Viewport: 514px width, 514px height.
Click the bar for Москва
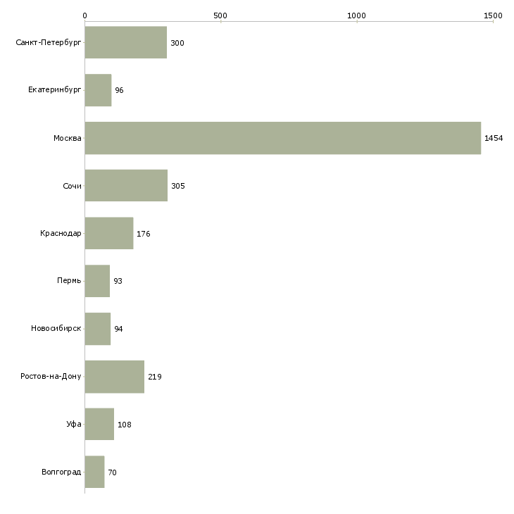click(282, 138)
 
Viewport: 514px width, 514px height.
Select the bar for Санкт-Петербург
click(125, 43)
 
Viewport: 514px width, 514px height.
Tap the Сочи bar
click(126, 186)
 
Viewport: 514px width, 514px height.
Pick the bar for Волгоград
click(94, 472)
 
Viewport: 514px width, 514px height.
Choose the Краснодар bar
click(108, 233)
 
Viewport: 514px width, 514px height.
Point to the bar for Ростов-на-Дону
click(114, 377)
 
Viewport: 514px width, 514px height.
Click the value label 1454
click(494, 138)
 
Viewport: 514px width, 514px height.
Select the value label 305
click(177, 186)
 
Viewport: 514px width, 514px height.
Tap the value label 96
click(119, 91)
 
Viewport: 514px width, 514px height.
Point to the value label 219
click(155, 377)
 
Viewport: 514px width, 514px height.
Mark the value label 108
click(125, 425)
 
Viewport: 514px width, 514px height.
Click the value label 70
click(112, 472)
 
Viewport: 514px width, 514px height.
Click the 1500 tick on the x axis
click(493, 15)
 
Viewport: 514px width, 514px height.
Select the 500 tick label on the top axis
click(220, 15)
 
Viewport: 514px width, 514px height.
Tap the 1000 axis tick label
click(357, 15)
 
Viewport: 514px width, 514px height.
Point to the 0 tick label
click(84, 15)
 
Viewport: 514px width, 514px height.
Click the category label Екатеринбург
click(55, 91)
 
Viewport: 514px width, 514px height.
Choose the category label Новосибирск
click(56, 329)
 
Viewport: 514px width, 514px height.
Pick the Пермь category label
click(69, 281)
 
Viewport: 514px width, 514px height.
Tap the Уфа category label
click(74, 425)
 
